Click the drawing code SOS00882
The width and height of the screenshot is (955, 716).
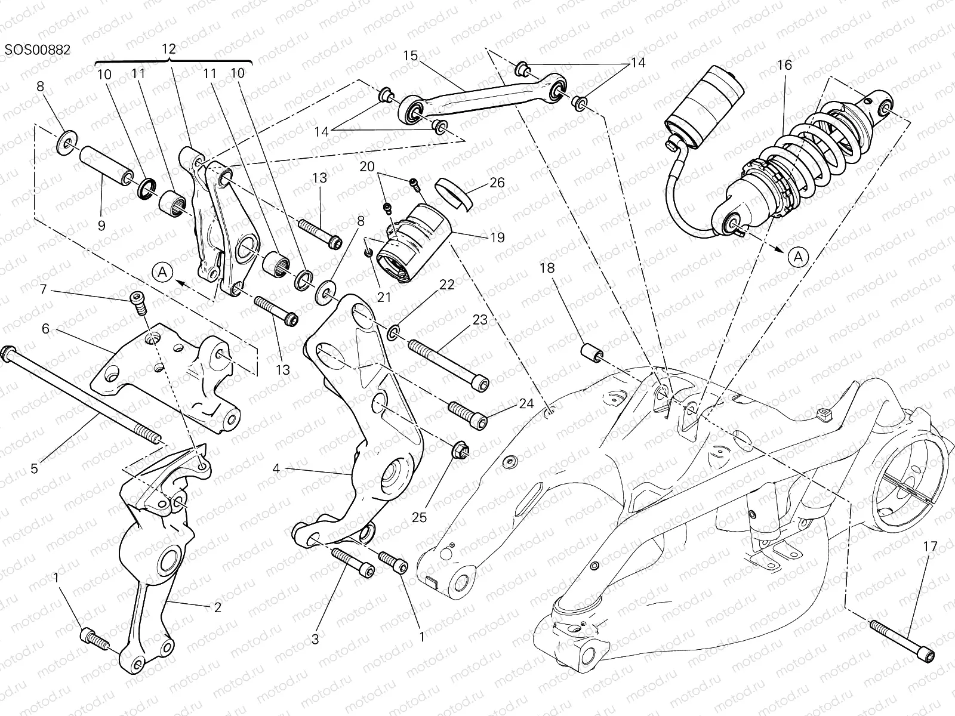coord(38,50)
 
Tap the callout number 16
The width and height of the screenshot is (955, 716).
coord(784,65)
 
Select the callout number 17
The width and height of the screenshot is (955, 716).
coord(931,545)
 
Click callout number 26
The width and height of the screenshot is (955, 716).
coord(497,183)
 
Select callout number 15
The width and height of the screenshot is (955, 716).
coord(411,56)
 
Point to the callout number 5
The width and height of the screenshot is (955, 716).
coord(34,468)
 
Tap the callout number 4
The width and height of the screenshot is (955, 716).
coord(276,468)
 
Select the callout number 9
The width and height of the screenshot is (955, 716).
coord(101,226)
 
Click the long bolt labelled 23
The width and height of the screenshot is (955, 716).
coord(448,363)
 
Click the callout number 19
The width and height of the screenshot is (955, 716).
coord(497,237)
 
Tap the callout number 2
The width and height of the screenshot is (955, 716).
coord(217,607)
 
